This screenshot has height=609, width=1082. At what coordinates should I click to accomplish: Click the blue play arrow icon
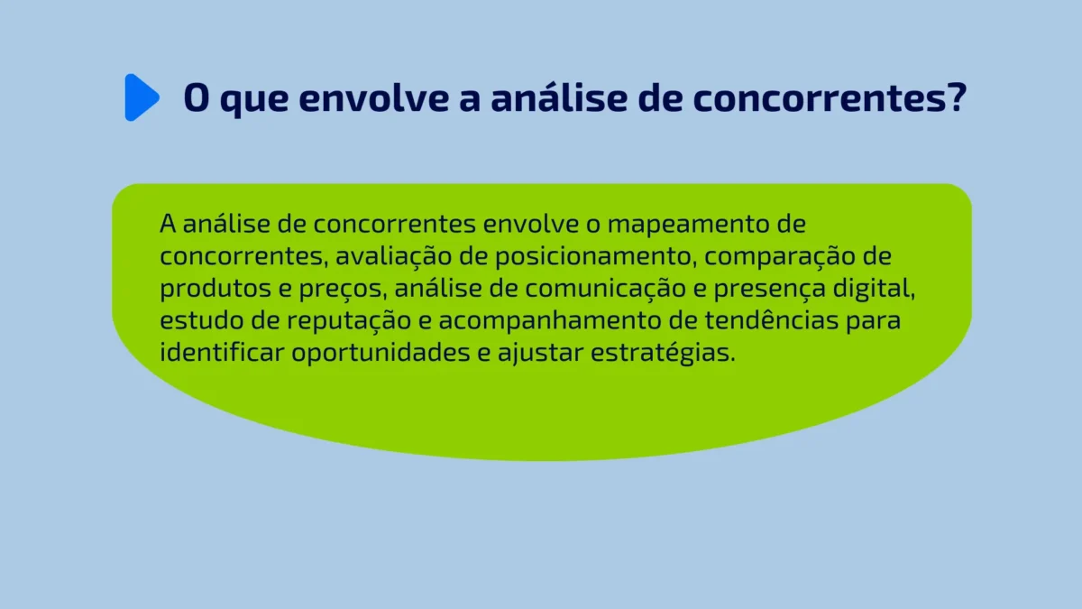click(x=141, y=97)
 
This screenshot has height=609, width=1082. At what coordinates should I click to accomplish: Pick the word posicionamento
click(x=597, y=256)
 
